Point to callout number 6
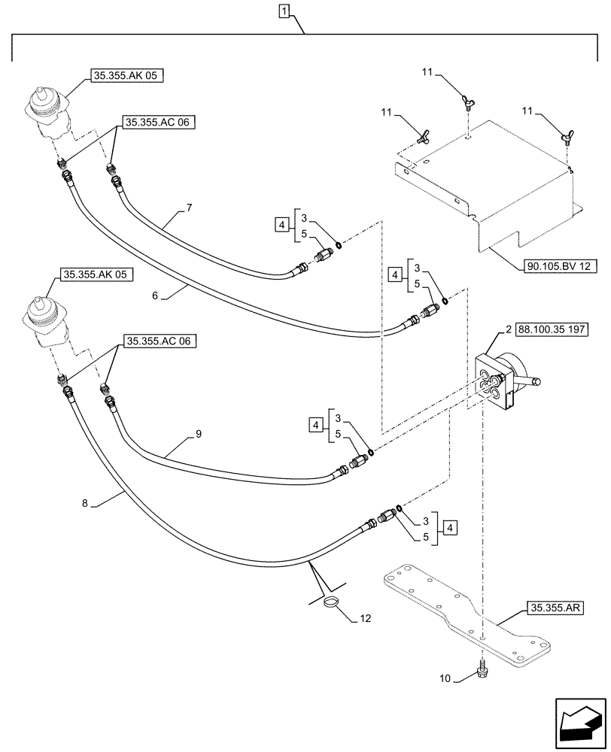pyautogui.click(x=154, y=296)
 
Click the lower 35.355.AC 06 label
pyautogui.click(x=157, y=341)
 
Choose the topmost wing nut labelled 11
pyautogui.click(x=467, y=99)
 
